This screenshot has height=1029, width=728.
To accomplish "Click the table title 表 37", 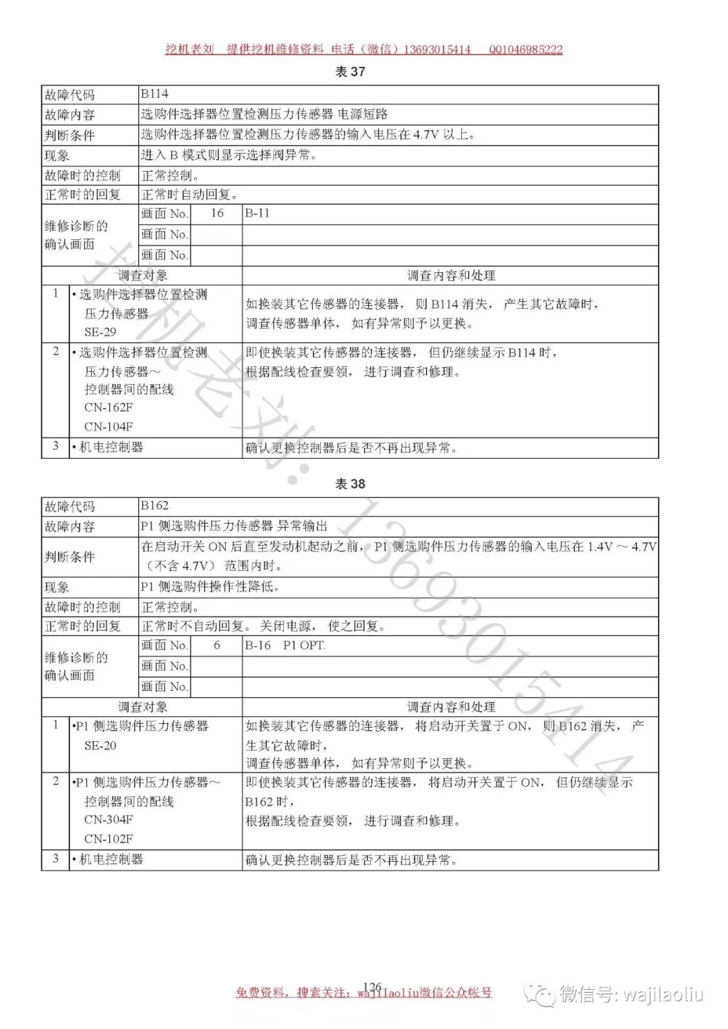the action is (x=350, y=71).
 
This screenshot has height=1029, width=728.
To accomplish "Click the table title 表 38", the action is (x=350, y=484).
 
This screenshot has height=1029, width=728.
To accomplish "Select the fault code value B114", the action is (x=154, y=94).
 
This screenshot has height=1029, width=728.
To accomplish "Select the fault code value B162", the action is (x=154, y=506).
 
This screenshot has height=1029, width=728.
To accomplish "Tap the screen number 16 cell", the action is (x=216, y=214).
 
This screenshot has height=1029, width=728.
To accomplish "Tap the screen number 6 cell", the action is (x=216, y=645).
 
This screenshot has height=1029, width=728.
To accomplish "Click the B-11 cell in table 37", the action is (x=257, y=214).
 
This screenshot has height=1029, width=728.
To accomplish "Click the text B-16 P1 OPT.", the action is (x=284, y=645).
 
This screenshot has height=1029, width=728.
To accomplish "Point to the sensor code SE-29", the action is (x=100, y=332).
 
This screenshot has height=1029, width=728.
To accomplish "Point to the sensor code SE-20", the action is (x=100, y=745).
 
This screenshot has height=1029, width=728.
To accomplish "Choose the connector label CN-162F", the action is (x=109, y=408).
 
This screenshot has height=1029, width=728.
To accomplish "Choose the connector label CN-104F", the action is (x=109, y=427).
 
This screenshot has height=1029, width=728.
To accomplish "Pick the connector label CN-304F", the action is (x=109, y=819).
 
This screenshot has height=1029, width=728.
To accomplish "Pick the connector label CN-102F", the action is (x=109, y=839).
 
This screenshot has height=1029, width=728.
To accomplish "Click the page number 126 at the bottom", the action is (x=372, y=987).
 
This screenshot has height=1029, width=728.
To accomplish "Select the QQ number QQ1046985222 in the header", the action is (x=526, y=49).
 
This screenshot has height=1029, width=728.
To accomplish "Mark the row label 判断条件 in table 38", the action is (x=70, y=557).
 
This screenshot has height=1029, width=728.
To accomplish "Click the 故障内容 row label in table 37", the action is (x=70, y=115).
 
